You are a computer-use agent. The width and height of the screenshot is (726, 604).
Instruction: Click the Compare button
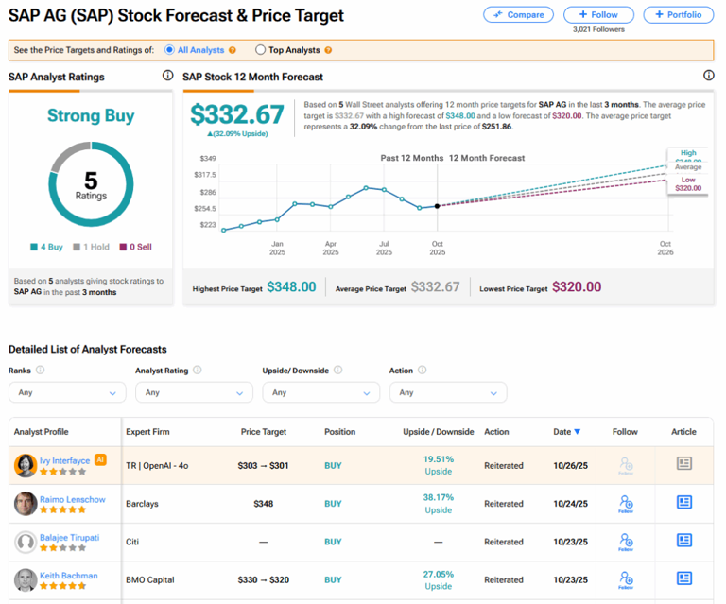(519, 15)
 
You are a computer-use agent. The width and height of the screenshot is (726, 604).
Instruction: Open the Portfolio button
(679, 15)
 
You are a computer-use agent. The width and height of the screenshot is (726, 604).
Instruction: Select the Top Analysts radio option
(261, 49)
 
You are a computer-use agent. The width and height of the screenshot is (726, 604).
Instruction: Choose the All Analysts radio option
(169, 49)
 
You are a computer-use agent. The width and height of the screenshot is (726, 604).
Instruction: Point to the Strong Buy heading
(91, 116)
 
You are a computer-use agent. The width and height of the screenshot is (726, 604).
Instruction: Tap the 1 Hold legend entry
(92, 247)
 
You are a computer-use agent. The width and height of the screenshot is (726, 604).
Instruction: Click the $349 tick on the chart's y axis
(208, 158)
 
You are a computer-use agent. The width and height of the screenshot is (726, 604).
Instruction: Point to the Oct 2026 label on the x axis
(665, 248)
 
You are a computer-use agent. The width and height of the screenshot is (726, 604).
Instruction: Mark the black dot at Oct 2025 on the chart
(437, 205)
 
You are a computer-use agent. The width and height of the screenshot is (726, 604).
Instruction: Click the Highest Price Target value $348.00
(291, 287)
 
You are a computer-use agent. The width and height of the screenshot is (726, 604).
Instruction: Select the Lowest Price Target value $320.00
(577, 287)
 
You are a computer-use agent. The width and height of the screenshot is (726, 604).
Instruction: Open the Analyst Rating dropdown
(193, 392)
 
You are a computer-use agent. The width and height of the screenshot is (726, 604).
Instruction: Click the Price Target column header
(263, 432)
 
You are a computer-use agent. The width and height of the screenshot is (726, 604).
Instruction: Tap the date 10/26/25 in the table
(570, 465)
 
